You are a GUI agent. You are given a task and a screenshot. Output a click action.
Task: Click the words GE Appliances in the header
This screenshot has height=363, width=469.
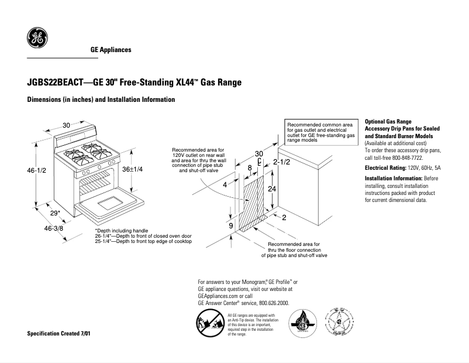111,50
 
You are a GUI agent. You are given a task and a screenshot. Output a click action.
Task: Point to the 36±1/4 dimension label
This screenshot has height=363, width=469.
132,169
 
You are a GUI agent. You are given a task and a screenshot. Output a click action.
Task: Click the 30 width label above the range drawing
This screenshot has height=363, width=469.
67,125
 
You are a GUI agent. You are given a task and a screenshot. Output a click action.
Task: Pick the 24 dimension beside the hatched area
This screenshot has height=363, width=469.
271,189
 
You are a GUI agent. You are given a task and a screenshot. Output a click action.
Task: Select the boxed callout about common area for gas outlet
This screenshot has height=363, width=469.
321,133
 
